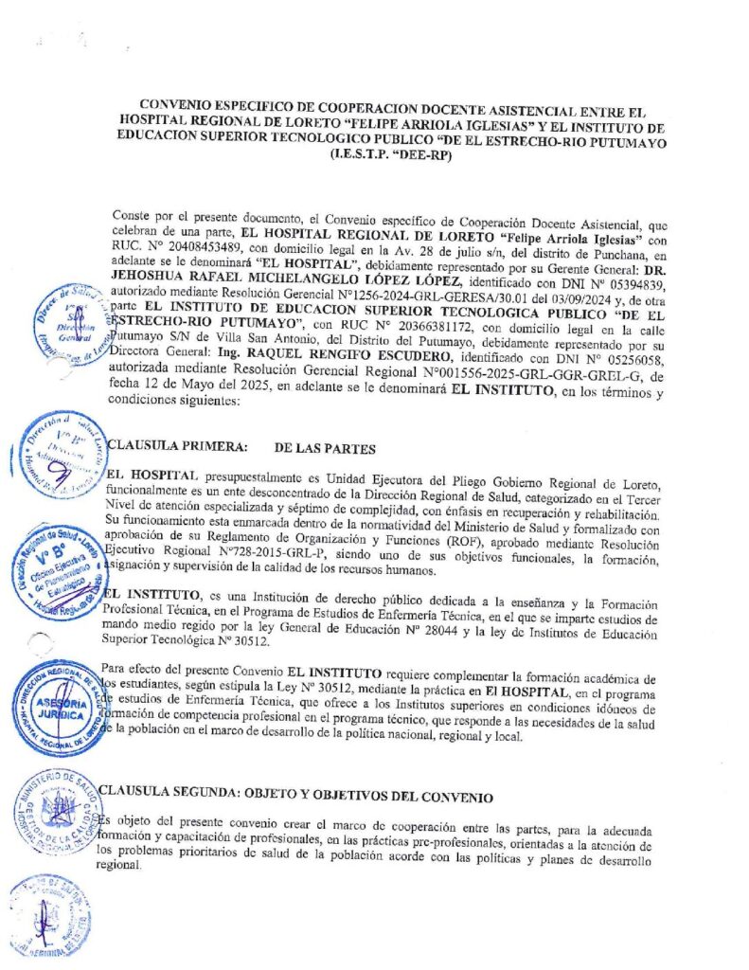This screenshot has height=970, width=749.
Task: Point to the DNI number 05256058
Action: [624, 361]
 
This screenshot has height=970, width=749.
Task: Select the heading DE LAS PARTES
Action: [325, 446]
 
